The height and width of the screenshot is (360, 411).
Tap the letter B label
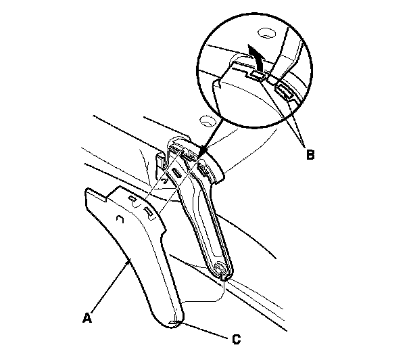point(310,155)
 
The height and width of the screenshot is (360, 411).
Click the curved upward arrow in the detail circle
point(256,55)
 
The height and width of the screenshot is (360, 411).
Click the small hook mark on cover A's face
point(119,220)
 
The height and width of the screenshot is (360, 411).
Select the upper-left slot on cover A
point(133,200)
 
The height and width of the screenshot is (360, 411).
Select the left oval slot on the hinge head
point(176,173)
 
